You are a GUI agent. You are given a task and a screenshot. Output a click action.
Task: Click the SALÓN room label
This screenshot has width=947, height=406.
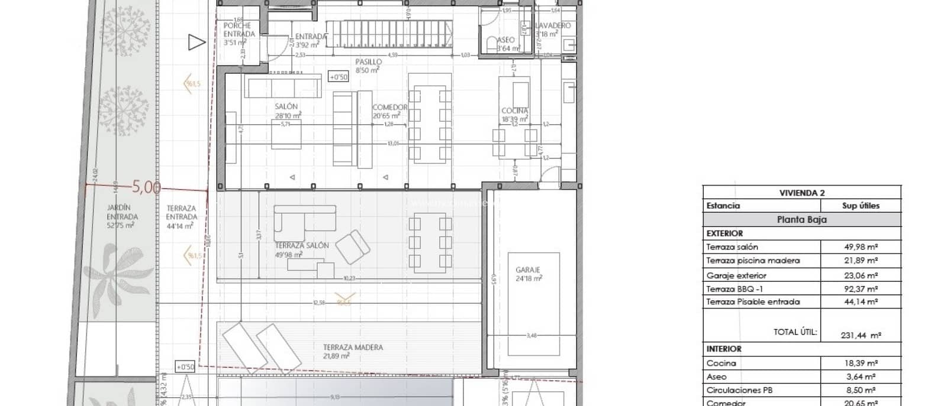tap(286, 107)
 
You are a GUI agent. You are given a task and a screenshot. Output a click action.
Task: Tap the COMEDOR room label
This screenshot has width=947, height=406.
tap(390, 108)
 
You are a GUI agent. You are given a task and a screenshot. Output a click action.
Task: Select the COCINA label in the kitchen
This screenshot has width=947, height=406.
tap(514, 111)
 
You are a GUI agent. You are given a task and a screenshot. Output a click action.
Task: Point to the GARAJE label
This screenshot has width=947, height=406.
tap(528, 270)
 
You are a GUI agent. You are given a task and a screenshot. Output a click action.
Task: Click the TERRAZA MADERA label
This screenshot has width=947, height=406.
tap(353, 348)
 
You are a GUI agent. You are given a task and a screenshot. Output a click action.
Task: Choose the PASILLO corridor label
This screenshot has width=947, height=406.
tap(368, 62)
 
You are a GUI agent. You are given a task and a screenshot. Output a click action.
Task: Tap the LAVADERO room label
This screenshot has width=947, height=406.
tap(553, 26)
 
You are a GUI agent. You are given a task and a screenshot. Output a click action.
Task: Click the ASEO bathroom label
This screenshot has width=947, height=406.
tap(505, 40)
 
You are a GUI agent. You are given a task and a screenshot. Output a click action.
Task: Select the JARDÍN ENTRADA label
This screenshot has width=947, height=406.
tap(119, 212)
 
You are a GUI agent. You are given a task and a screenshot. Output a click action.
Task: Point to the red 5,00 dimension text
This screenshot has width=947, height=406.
tap(146, 187)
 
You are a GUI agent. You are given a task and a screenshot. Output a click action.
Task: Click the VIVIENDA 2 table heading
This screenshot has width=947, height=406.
tap(802, 193)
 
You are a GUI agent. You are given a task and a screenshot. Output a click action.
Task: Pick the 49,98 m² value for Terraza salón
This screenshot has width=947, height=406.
tap(861, 247)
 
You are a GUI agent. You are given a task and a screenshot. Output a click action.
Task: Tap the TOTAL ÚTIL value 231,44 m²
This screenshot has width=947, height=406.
tap(861, 335)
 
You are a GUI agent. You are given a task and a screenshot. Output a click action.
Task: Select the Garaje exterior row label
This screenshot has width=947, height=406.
tap(736, 275)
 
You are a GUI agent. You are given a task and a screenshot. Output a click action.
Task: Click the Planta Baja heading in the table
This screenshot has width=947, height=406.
tap(802, 219)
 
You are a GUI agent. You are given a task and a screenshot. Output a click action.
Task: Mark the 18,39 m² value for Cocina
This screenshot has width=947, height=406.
tap(861, 363)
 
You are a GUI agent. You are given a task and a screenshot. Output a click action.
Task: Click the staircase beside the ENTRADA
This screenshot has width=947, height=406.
tap(391, 34)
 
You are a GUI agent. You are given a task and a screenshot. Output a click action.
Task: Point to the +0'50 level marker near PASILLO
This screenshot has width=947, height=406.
tap(338, 77)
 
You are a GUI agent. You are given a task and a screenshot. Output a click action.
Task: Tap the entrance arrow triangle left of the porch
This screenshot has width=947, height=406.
tap(197, 43)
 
